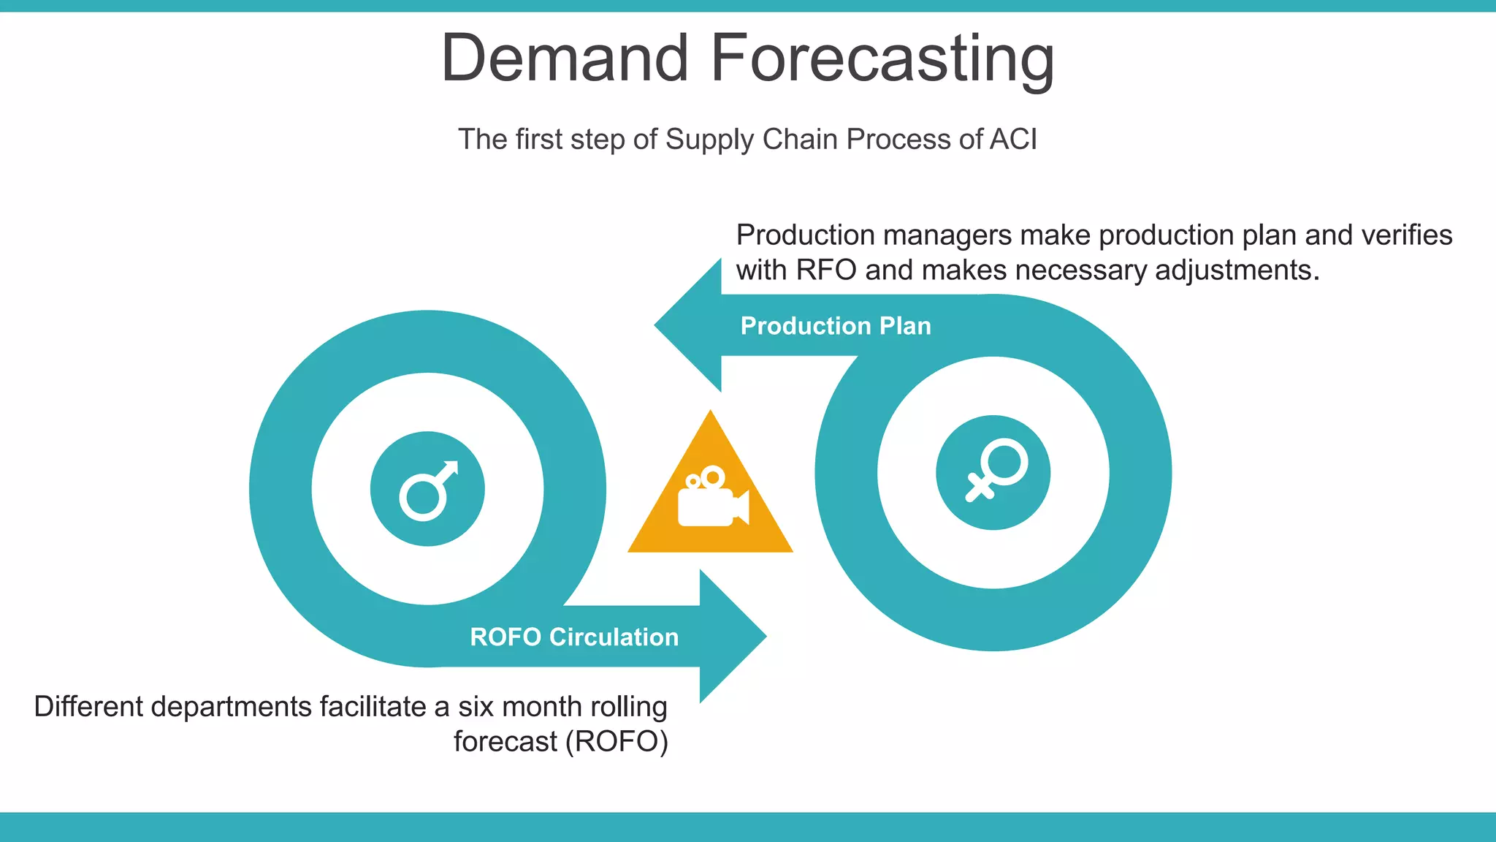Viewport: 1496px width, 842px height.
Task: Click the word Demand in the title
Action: pyautogui.click(x=565, y=58)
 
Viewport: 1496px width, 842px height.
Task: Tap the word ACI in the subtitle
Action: pyautogui.click(x=1012, y=139)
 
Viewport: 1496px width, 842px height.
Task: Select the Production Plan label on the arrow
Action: pyautogui.click(x=836, y=326)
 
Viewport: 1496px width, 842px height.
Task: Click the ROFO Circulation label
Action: pyautogui.click(x=574, y=637)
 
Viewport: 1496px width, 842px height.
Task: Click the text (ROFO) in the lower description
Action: pyautogui.click(x=621, y=742)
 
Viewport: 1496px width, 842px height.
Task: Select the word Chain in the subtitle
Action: pyautogui.click(x=800, y=139)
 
